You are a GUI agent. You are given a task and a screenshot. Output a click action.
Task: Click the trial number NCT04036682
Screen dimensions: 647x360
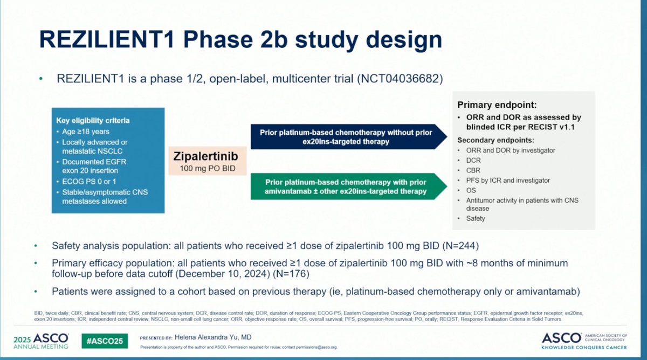[x=400, y=79]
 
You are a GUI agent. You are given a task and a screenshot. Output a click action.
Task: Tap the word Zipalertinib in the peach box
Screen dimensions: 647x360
[x=205, y=156]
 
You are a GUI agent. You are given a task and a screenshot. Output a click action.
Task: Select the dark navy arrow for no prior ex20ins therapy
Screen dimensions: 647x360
[x=349, y=137]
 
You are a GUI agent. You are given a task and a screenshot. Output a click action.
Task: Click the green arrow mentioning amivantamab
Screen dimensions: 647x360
[x=349, y=186]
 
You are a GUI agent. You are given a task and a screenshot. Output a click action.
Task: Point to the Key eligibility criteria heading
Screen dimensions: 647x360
[x=93, y=120]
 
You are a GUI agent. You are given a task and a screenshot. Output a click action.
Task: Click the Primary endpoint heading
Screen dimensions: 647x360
[x=497, y=105]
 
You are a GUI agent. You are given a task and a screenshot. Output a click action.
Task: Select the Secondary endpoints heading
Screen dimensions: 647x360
[x=495, y=140]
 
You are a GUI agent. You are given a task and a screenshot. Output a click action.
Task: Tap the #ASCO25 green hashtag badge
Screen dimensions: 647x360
[x=105, y=341]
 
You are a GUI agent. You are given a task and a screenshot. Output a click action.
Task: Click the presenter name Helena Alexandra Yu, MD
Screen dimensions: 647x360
[x=213, y=337]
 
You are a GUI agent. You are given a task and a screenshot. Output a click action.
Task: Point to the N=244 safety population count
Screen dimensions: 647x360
[x=460, y=246]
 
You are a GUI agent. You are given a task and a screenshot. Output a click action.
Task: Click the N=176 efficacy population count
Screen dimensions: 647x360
[x=291, y=274]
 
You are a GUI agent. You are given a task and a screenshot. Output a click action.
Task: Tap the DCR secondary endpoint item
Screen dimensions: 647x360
[x=473, y=160]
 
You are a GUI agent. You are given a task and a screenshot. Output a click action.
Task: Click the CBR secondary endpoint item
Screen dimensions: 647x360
[x=473, y=170]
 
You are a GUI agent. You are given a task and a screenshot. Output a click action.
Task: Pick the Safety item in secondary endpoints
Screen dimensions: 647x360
[x=476, y=218]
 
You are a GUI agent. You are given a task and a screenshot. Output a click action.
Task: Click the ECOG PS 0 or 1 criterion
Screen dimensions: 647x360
[x=89, y=181]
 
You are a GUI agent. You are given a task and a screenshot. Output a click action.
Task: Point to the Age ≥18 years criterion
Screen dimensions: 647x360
[x=86, y=131]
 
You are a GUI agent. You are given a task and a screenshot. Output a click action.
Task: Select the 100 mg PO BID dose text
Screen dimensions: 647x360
[x=208, y=168]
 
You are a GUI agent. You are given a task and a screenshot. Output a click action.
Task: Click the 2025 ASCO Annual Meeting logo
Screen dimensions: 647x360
[x=41, y=341]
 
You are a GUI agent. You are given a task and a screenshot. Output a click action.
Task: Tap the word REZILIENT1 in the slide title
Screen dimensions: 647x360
[x=107, y=39]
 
